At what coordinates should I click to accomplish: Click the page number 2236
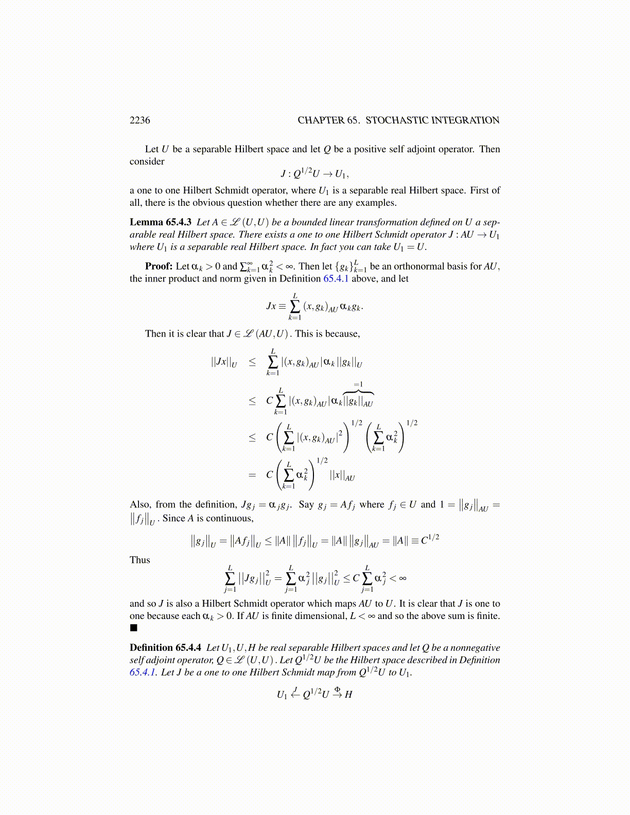pos(140,120)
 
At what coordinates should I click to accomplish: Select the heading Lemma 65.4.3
pos(161,222)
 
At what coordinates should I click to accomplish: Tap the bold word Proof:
pos(159,266)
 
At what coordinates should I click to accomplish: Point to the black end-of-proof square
pos(134,628)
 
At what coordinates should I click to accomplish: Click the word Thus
pos(140,560)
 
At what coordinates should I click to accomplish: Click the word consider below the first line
pos(147,162)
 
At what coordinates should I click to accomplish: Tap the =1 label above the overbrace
pos(358,384)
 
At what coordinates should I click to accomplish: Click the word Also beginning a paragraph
pos(140,505)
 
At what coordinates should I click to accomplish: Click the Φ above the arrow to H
pos(337,689)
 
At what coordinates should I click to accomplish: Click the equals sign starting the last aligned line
pos(252,475)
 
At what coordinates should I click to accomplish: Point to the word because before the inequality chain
pos(343,334)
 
